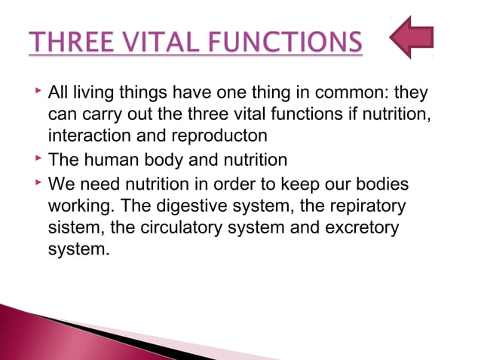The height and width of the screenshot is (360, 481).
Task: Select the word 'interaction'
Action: tap(84, 138)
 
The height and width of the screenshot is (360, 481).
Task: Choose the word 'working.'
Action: tap(79, 204)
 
